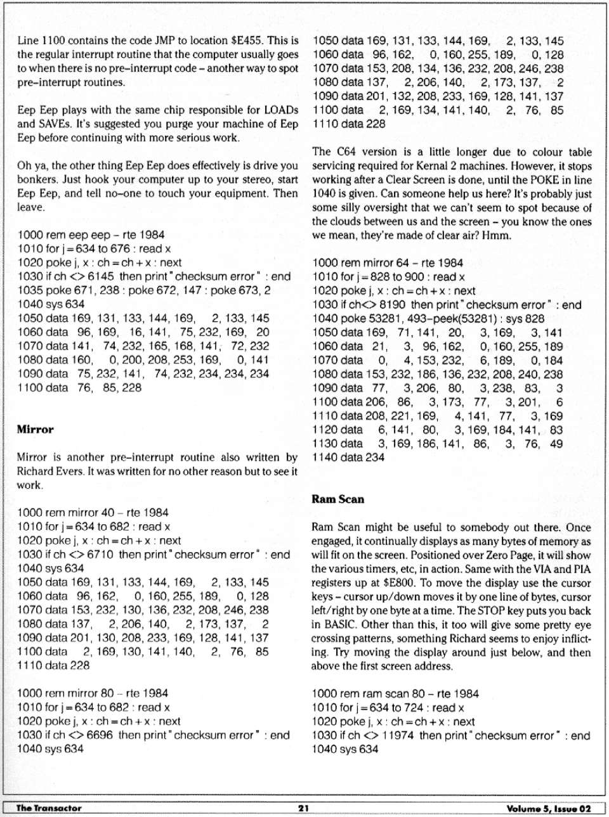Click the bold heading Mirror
tap(35, 430)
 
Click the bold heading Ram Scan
tap(337, 499)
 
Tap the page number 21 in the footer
tap(303, 808)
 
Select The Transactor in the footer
tap(49, 808)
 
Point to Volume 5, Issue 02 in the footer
tap(548, 808)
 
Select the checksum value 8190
tap(393, 305)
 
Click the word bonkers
tap(37, 179)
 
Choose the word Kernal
tap(450, 166)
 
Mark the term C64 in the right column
tap(346, 152)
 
